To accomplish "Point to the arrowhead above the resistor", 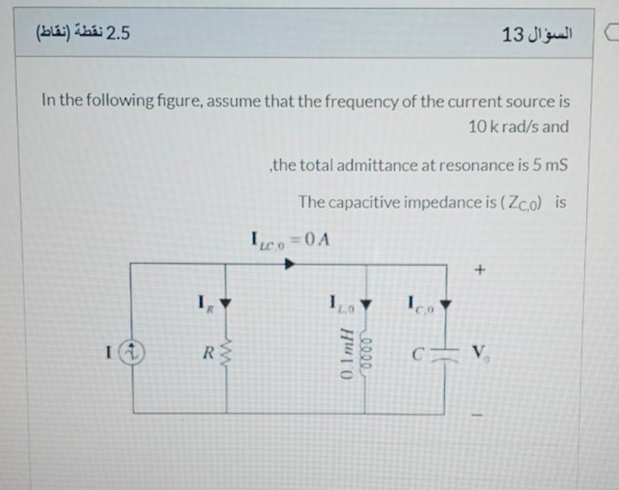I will (226, 306).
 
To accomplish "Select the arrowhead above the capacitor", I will (446, 306).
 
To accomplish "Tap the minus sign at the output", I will (480, 415).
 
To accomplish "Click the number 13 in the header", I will (512, 35).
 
